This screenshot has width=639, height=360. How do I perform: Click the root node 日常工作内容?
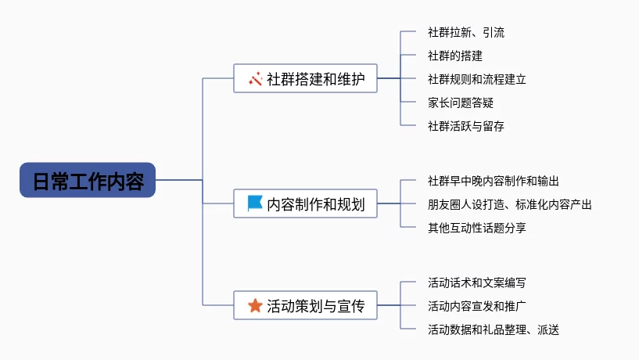pyautogui.click(x=88, y=180)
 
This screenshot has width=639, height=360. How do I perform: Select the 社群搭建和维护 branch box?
pyautogui.click(x=305, y=78)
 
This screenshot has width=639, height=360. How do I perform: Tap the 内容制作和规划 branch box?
pyautogui.click(x=305, y=204)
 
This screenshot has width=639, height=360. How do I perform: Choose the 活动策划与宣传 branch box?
pyautogui.click(x=305, y=305)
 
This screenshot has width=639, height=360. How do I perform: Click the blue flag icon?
pyautogui.click(x=255, y=203)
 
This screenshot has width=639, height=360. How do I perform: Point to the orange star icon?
pyautogui.click(x=255, y=305)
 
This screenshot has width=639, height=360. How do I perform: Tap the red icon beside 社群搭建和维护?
pyautogui.click(x=255, y=78)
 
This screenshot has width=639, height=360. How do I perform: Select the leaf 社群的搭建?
pyautogui.click(x=454, y=56)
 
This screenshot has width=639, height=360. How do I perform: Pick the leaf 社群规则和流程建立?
pyautogui.click(x=476, y=79)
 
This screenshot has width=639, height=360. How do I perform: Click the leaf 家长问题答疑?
pyautogui.click(x=460, y=103)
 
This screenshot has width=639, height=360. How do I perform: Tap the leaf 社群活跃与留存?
pyautogui.click(x=465, y=125)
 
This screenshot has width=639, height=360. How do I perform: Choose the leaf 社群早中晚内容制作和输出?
pyautogui.click(x=493, y=181)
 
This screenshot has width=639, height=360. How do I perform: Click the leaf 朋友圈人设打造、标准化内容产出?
pyautogui.click(x=509, y=204)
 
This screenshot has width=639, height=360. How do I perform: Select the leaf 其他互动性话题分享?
pyautogui.click(x=476, y=228)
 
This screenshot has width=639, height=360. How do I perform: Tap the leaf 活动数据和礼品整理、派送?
pyautogui.click(x=493, y=329)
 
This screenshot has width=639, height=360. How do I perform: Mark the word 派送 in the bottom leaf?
pyautogui.click(x=547, y=329)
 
